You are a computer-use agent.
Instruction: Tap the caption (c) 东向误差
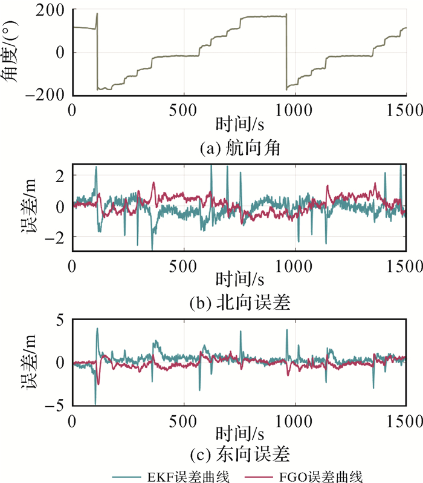(x=239, y=453)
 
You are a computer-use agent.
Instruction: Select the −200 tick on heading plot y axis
(x=48, y=95)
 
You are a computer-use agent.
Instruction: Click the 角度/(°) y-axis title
(x=15, y=51)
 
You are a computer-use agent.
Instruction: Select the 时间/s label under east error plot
(x=239, y=435)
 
